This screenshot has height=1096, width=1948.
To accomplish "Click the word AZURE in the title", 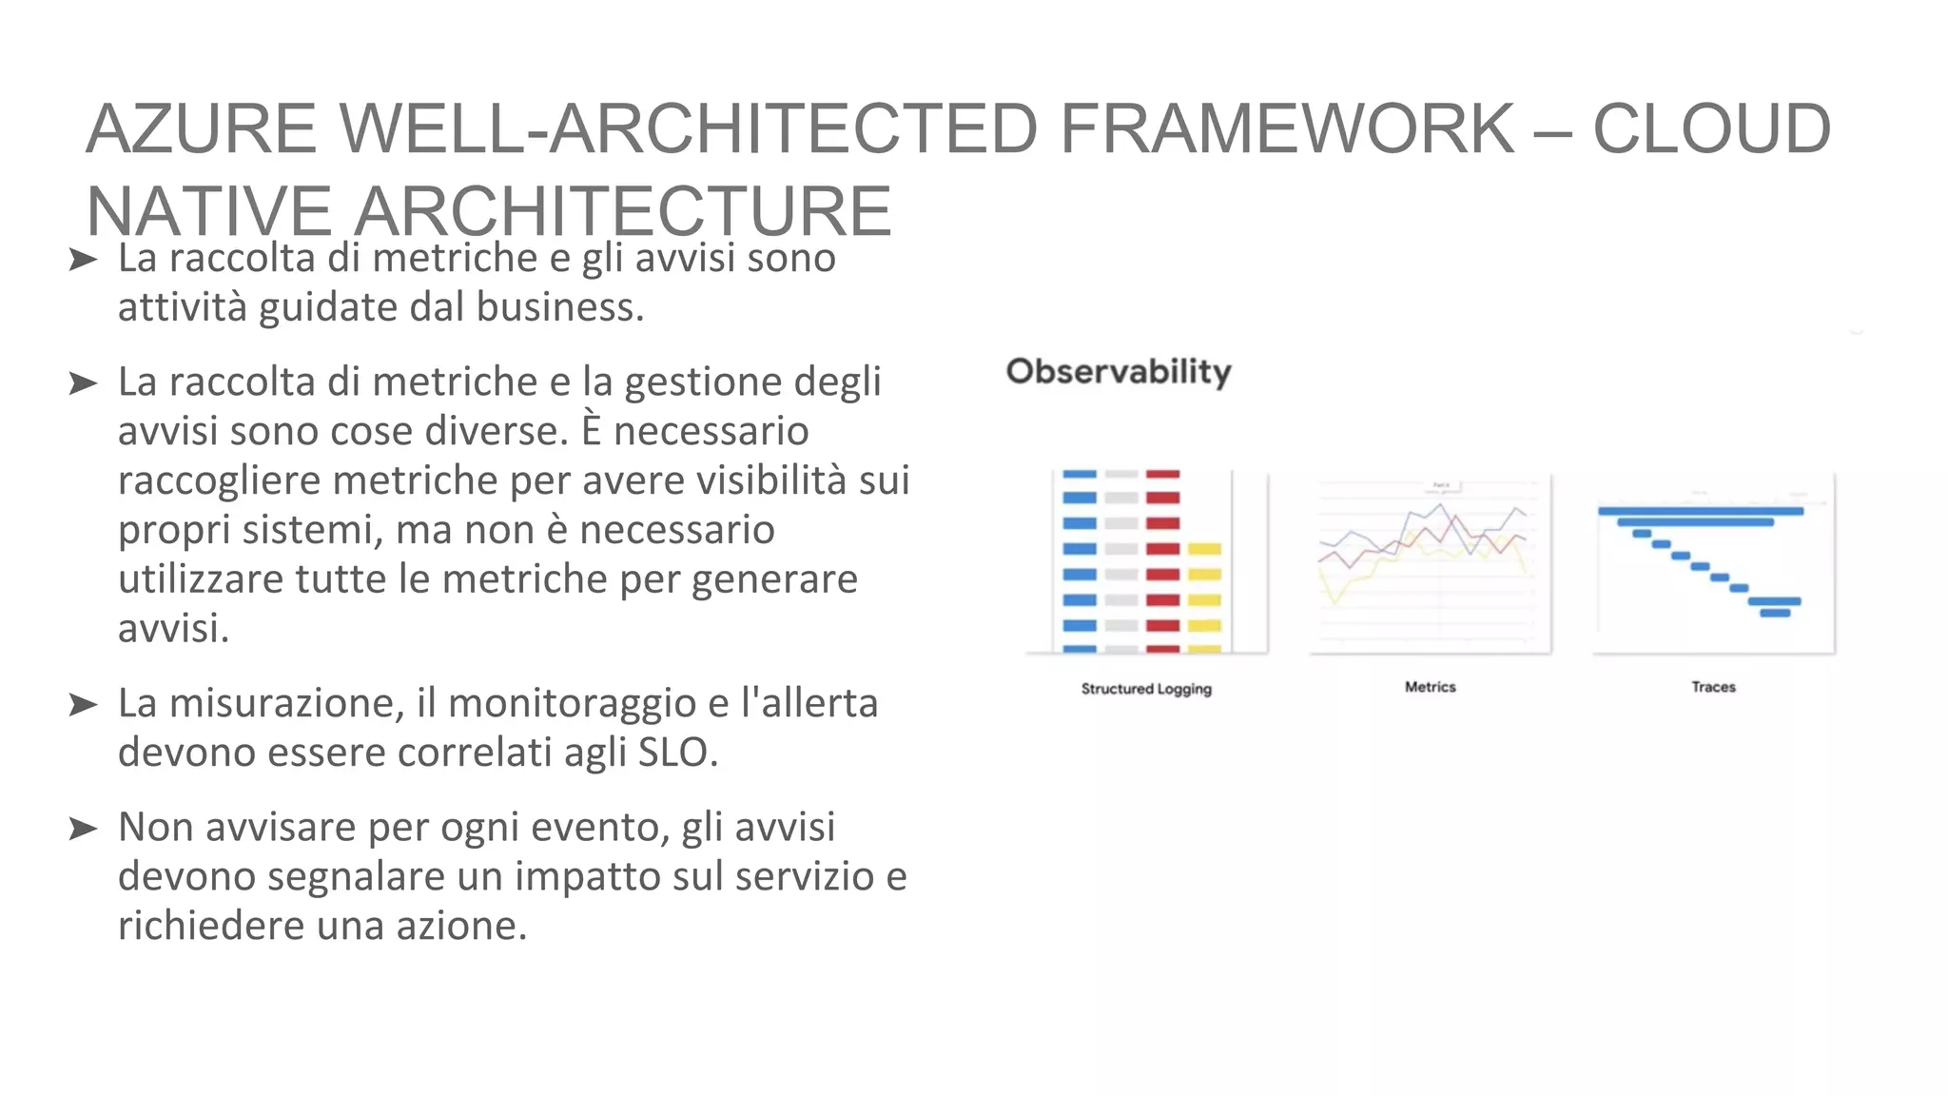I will [201, 128].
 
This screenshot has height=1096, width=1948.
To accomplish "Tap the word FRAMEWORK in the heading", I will [1286, 128].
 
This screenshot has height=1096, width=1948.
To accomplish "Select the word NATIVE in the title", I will [208, 211].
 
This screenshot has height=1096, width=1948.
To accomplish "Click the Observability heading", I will [1119, 371].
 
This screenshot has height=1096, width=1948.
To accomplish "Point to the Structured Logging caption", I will [1146, 688].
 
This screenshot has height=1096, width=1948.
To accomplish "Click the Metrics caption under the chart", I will [1430, 687].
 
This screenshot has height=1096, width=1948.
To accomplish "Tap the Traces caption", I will [1713, 687].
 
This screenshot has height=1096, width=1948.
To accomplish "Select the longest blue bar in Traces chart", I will [1701, 511].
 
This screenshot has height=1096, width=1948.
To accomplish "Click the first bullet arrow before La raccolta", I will [84, 260].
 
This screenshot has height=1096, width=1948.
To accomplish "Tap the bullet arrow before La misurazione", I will [84, 705].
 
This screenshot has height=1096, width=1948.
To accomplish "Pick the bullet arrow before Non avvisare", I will [84, 829].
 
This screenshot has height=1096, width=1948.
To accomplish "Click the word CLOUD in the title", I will [1711, 128].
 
